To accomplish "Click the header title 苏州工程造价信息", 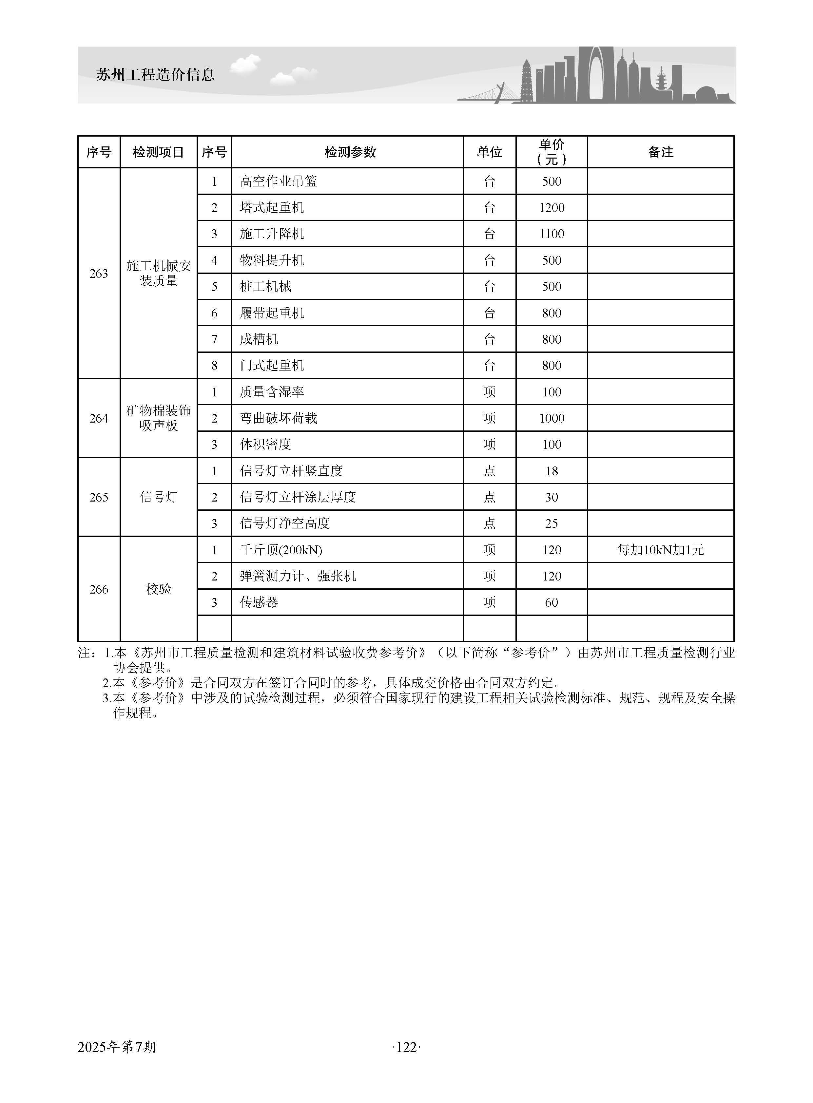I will [156, 75].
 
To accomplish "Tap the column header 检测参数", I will [350, 152].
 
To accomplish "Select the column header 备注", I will [660, 152].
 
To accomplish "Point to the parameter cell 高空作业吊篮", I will [279, 181].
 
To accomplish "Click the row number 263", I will [99, 274].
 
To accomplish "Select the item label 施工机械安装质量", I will [159, 274].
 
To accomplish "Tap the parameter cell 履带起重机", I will [272, 313].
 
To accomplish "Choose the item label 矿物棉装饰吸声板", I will [159, 418].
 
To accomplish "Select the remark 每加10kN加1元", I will [660, 550].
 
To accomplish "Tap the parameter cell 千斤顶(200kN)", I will [281, 550].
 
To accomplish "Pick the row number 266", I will [99, 589].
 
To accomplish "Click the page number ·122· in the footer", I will [406, 1047].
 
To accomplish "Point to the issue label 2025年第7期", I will [117, 1047].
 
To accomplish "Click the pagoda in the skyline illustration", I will [527, 81].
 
